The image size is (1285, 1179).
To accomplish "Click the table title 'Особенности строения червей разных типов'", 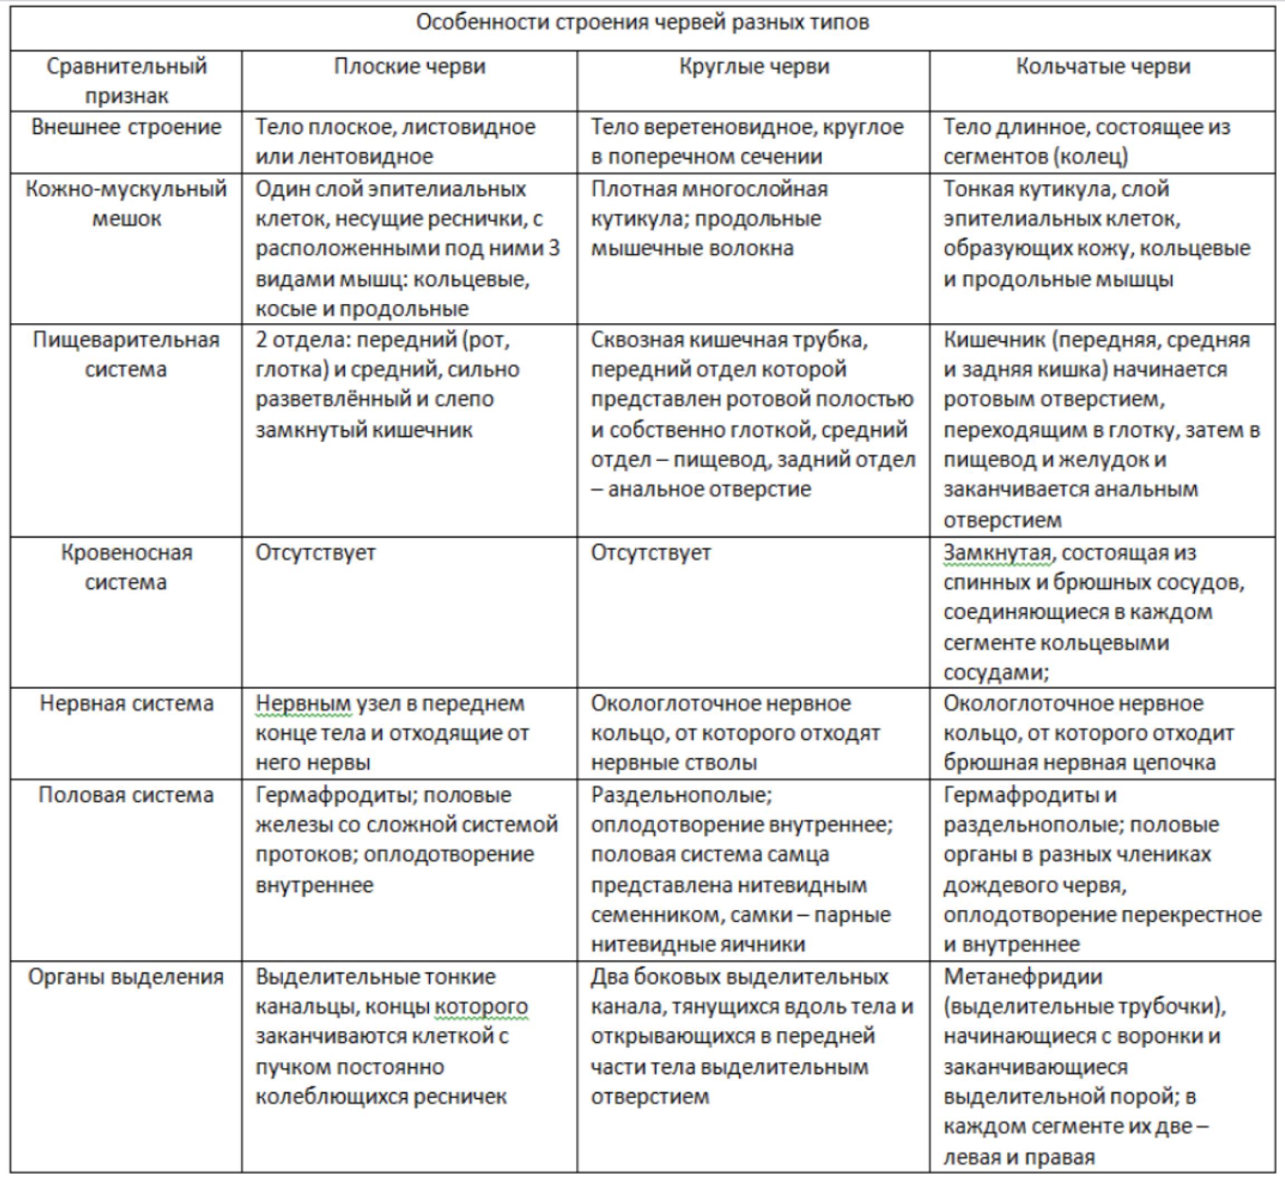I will [x=642, y=22].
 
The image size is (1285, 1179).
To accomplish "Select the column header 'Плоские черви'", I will [x=410, y=66].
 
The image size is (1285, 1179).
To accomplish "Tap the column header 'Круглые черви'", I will [x=754, y=66].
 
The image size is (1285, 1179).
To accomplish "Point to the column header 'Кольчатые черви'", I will [x=1103, y=66].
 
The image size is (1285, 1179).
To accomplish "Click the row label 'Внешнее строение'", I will [x=126, y=127].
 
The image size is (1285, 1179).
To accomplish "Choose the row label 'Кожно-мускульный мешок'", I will [x=126, y=204].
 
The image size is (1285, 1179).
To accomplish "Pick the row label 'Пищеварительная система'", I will [x=126, y=354].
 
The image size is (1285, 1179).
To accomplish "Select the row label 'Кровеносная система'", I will [x=126, y=567].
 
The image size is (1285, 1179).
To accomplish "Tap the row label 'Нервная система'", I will [x=126, y=703].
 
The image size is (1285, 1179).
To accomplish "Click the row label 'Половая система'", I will [x=126, y=795].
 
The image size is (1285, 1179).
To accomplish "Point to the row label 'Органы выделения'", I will [x=126, y=977].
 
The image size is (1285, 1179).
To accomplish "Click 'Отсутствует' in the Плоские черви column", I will [x=315, y=553].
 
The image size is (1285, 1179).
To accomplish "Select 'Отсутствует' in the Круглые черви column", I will [x=651, y=553].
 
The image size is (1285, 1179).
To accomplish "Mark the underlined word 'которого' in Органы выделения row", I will [x=481, y=1007].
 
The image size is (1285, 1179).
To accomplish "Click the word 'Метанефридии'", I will [x=1023, y=977].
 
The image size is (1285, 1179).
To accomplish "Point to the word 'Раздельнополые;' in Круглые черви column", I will [x=681, y=795].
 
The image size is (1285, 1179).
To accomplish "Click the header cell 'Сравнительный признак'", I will [x=126, y=81].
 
